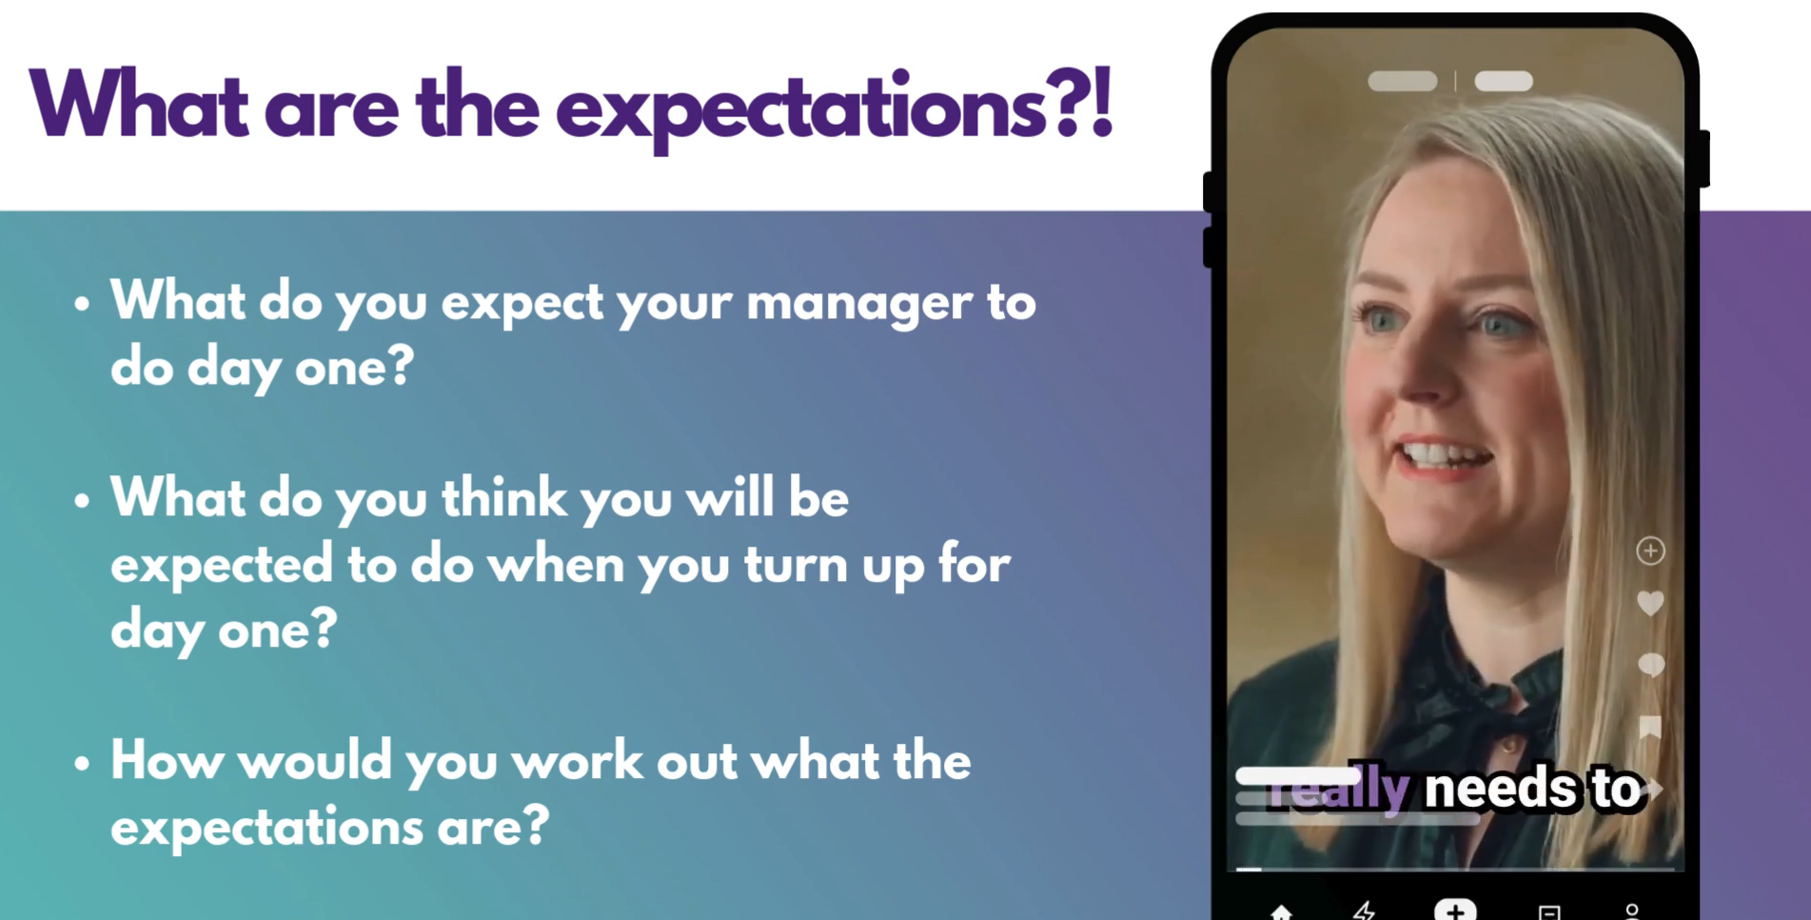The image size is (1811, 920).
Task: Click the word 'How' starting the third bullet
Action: pyautogui.click(x=167, y=761)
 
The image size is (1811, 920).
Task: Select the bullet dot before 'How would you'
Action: pyautogui.click(x=82, y=763)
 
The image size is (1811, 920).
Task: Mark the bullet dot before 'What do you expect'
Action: pyautogui.click(x=82, y=304)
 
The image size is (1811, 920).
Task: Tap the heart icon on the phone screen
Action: pyautogui.click(x=1650, y=603)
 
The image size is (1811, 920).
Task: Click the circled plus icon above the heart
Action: pyautogui.click(x=1650, y=550)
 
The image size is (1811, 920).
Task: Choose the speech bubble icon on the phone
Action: pyautogui.click(x=1651, y=665)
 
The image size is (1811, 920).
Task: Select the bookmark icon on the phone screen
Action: pyautogui.click(x=1651, y=728)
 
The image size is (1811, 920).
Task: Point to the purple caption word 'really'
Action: pyautogui.click(x=1337, y=790)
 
